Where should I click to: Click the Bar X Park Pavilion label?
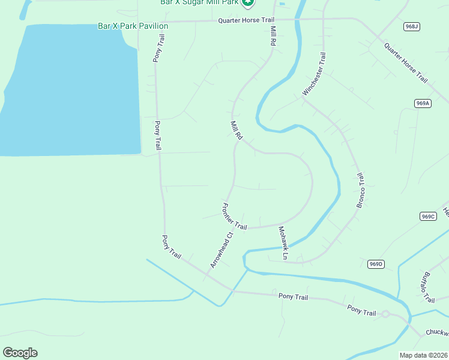(133, 26)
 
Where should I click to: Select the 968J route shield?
(411, 26)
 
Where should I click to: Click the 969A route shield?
(423, 103)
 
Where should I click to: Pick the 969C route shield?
(427, 217)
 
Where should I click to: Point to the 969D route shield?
(375, 263)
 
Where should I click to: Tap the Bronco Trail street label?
(361, 191)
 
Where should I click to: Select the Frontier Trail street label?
(234, 217)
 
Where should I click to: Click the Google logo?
(20, 352)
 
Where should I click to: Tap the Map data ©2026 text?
(424, 355)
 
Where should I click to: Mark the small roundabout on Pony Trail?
(385, 314)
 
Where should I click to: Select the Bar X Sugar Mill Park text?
(200, 2)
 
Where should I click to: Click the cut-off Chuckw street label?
(437, 332)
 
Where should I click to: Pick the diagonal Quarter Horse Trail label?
(406, 62)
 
